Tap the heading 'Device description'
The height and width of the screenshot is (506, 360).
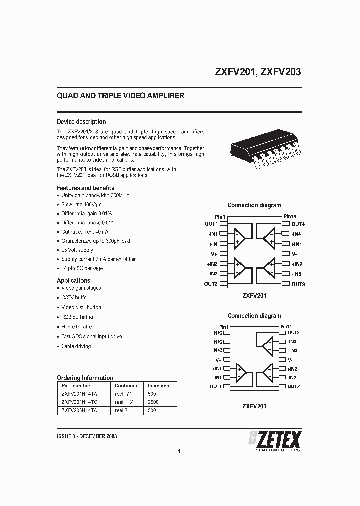click(x=81, y=122)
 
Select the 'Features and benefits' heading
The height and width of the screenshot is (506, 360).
click(x=85, y=188)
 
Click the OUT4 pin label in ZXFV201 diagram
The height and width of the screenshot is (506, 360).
click(x=298, y=224)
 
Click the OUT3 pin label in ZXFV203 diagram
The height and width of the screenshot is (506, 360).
click(x=293, y=333)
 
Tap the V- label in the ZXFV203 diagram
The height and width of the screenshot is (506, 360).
click(x=290, y=360)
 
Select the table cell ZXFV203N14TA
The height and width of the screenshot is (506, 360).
click(x=79, y=410)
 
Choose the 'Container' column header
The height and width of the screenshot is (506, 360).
click(x=126, y=386)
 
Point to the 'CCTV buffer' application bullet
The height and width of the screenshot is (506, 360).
click(x=75, y=298)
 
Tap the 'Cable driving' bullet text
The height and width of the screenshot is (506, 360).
click(x=76, y=346)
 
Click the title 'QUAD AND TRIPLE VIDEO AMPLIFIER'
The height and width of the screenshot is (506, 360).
click(x=121, y=96)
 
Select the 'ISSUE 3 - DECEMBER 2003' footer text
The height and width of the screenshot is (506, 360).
click(x=87, y=436)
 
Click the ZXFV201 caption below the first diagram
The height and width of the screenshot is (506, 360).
click(x=254, y=295)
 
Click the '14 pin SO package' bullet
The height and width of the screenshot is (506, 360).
click(x=82, y=268)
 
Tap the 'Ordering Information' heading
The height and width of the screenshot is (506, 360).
click(x=85, y=378)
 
